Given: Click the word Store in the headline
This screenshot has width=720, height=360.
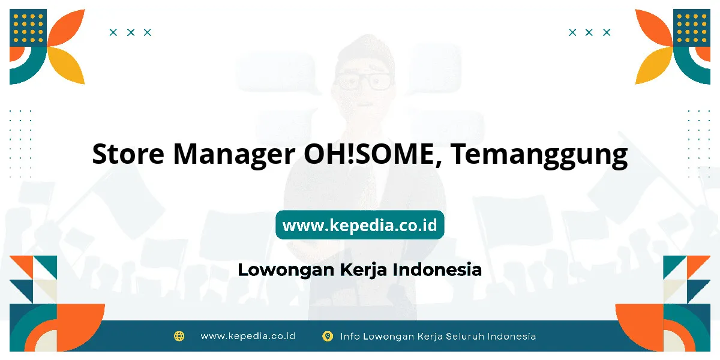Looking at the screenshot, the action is click(128, 154).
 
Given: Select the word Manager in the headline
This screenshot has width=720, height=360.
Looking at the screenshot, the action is click(234, 156).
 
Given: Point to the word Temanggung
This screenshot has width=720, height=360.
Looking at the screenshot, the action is click(539, 156).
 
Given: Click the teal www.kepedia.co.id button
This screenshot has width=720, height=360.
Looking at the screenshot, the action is click(359, 224).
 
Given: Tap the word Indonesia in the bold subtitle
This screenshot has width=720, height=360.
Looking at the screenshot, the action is click(437, 269).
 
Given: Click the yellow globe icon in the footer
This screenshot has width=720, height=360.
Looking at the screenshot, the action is click(179, 336).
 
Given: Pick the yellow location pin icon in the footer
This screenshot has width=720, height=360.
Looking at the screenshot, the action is click(328, 336).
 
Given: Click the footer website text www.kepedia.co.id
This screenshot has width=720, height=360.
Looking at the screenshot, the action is click(248, 336).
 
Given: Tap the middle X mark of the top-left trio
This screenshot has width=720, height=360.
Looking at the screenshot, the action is click(131, 32).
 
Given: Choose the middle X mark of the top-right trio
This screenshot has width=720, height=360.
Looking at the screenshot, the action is click(589, 32).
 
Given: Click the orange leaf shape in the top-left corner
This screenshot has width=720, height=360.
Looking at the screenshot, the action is click(67, 28).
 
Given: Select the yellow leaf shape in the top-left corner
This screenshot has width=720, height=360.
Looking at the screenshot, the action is click(67, 65).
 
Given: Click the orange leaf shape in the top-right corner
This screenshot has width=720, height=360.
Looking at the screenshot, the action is click(654, 28).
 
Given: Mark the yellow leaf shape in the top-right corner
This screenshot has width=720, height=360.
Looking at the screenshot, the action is click(654, 65).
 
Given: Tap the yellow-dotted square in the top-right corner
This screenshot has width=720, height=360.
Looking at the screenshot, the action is click(692, 28).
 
